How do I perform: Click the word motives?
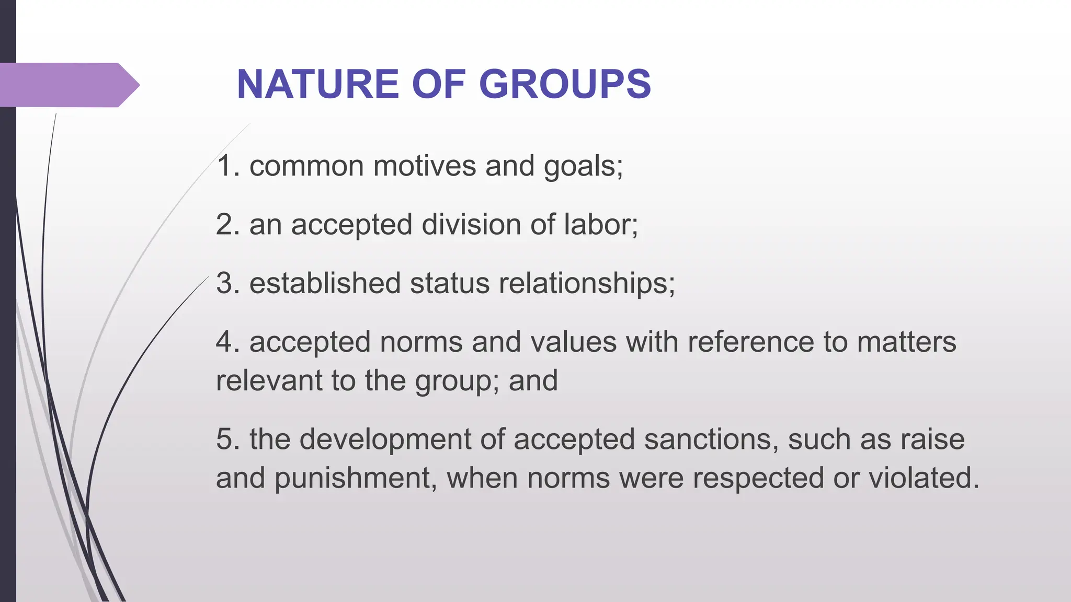click(x=424, y=166)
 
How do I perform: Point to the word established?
click(x=325, y=283)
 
